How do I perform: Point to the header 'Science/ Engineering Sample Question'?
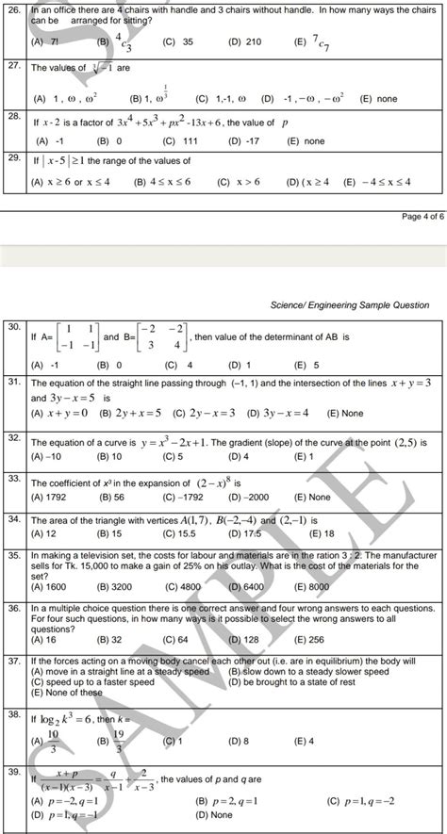click(349, 305)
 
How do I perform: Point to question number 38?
click(13, 714)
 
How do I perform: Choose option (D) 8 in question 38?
click(236, 742)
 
